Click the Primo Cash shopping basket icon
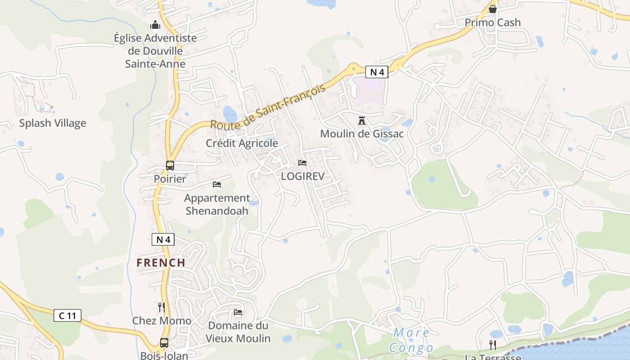click(x=493, y=9)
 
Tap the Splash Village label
click(x=52, y=123)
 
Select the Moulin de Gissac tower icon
click(x=362, y=121)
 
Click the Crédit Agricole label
click(x=242, y=144)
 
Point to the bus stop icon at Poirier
click(x=170, y=166)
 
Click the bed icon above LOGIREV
click(x=302, y=162)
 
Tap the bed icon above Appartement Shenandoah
click(x=217, y=184)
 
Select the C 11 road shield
click(x=67, y=315)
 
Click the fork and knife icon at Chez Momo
click(x=162, y=307)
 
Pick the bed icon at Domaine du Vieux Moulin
click(x=238, y=312)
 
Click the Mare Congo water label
click(x=411, y=340)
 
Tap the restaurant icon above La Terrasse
click(x=493, y=345)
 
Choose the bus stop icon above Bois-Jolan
click(x=164, y=343)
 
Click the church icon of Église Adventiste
click(x=155, y=24)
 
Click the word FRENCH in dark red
click(x=161, y=263)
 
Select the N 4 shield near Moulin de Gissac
click(x=376, y=72)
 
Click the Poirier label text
click(x=170, y=179)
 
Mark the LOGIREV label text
click(x=302, y=176)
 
